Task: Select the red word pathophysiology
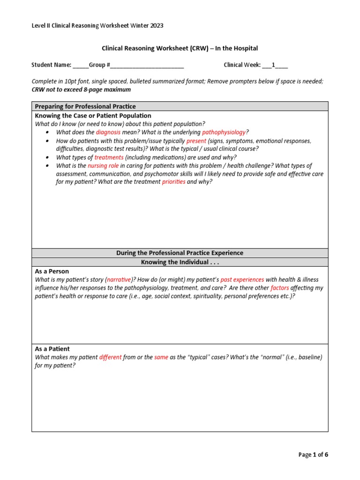[224, 132]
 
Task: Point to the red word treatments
[109, 157]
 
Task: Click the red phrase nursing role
[104, 165]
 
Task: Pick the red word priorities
[173, 182]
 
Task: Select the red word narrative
[120, 279]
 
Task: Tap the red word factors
[280, 288]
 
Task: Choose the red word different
[110, 357]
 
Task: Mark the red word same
[161, 357]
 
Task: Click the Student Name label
[51, 65]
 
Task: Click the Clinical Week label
[242, 65]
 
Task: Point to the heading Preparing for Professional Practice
[85, 106]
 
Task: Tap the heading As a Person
[52, 271]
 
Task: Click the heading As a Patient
[52, 349]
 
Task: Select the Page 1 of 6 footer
[314, 454]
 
